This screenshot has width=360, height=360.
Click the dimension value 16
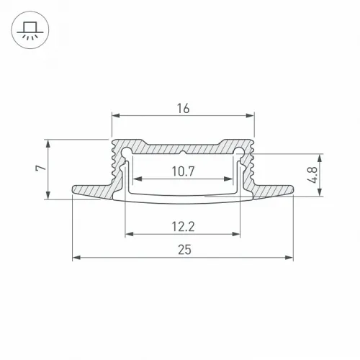click(183, 109)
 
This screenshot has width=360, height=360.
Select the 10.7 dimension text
click(183, 171)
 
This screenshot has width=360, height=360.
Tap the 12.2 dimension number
click(183, 227)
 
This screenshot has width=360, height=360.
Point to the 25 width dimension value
click(184, 250)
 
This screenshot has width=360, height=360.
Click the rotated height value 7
click(41, 168)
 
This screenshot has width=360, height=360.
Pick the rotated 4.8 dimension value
click(312, 175)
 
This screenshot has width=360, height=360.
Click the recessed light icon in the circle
click(30, 30)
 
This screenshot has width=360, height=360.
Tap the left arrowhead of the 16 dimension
click(116, 116)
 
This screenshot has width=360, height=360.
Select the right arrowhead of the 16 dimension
click(250, 116)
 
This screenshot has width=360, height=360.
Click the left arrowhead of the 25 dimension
click(76, 258)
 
